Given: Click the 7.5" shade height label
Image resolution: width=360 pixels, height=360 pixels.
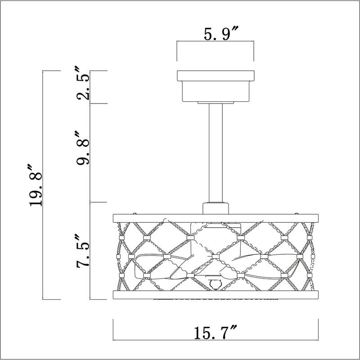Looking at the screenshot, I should click(x=84, y=251).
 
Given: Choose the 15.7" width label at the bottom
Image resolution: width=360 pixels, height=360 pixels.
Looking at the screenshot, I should click(x=216, y=333).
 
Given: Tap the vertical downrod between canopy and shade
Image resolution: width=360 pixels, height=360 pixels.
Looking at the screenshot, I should click(x=215, y=153).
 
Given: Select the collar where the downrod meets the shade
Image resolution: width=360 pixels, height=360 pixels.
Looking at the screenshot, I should click(x=215, y=209).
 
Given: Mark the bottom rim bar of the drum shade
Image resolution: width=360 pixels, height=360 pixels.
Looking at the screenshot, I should click(x=215, y=295).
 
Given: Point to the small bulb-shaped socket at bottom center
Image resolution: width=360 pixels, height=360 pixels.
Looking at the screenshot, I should click(x=215, y=283).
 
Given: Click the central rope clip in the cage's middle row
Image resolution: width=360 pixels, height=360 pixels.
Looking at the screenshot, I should click(x=215, y=256).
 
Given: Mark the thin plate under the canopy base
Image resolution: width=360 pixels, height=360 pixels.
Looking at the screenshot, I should click(x=215, y=103).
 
